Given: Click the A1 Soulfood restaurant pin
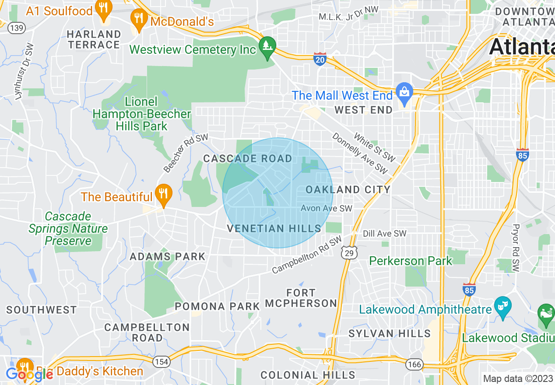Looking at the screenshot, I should [103, 10].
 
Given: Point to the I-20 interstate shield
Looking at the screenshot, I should [320, 59].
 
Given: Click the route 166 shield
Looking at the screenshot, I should [414, 364].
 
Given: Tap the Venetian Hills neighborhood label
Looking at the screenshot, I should [274, 229].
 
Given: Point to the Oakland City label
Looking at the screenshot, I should [348, 189].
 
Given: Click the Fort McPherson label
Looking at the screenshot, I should [301, 298].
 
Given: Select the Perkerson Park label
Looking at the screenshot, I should [410, 261].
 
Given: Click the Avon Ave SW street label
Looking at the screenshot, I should [326, 209].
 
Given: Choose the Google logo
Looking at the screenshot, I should [29, 374].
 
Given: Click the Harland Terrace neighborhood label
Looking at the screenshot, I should [94, 39].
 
